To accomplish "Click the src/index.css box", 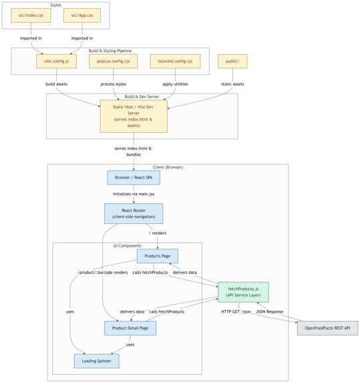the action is coord(31,15).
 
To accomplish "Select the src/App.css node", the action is coord(82,15).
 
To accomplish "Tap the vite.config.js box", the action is coord(56,61).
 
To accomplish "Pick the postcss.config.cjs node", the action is coord(114,61).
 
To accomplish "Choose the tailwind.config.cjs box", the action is coord(175,61).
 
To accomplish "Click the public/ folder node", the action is coord(232,61).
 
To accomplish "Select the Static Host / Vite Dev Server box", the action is coord(134,116).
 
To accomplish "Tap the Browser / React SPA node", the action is coord(134,178).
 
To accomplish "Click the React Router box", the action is coord(134,213).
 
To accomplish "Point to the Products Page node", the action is coord(158,256).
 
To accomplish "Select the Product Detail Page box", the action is coord(130,328).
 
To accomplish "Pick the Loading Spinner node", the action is coord(97,361).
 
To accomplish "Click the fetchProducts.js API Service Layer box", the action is coord(243,292).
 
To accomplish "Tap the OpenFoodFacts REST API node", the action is coord(327,328).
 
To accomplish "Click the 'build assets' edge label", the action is coord(56,84).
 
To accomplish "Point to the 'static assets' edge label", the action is coord(232,84).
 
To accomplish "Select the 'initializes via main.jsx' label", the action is coord(134,194).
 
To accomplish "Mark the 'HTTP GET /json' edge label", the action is coord(236,311).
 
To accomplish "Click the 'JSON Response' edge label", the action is coord(270,311).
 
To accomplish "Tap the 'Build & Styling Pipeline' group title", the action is coord(110,51).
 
